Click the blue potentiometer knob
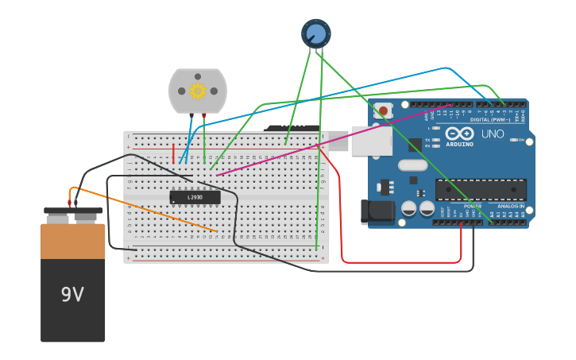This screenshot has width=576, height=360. (315, 33)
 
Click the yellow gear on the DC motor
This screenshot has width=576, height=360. (197, 91)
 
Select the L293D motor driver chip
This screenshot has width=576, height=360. (195, 197)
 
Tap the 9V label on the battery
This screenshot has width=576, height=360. (72, 294)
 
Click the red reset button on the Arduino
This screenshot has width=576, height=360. (384, 110)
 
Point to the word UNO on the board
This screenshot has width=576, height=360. (493, 134)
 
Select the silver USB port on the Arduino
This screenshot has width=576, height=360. (371, 141)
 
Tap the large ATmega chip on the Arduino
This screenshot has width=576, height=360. (480, 189)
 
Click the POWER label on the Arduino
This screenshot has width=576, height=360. (472, 206)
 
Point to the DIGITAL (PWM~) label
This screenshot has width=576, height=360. (491, 120)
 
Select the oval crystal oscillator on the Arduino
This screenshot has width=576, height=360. (412, 165)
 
